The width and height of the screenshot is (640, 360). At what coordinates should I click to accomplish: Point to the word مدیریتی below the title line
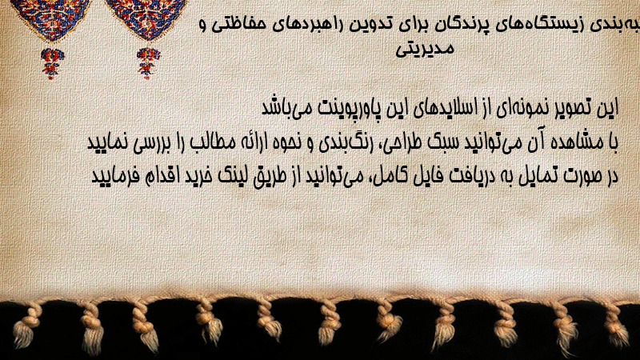coord(425,49)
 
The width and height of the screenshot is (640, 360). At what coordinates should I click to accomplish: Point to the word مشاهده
coord(577,142)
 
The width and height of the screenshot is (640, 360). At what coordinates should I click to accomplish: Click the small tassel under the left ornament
coord(51,63)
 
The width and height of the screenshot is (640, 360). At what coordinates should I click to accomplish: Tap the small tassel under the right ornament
coord(148,63)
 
